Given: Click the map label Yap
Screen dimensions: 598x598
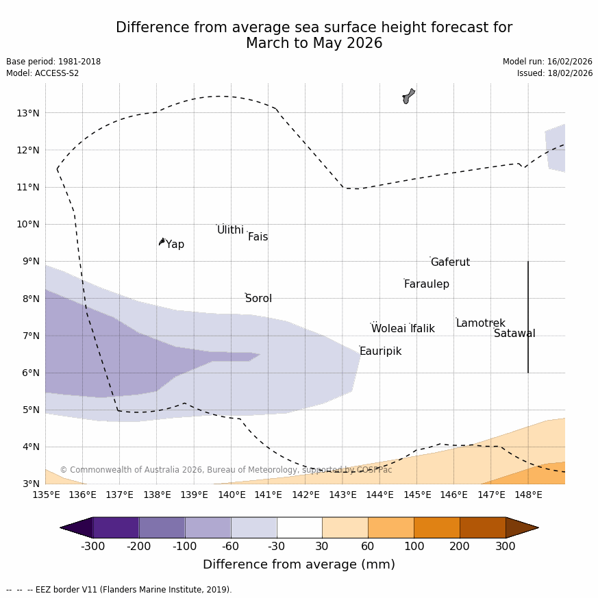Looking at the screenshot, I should tap(175, 245).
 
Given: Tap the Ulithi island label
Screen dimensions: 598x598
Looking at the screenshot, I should tap(230, 230).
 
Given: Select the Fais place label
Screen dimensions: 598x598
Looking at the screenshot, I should tap(258, 237).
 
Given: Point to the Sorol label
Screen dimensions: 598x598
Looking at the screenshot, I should tap(258, 299).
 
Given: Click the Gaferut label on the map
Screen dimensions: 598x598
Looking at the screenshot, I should tap(450, 262).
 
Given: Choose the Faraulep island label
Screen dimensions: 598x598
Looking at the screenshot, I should tap(426, 284).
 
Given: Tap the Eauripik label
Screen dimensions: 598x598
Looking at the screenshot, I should tap(380, 351).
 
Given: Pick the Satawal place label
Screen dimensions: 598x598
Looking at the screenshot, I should tap(514, 334).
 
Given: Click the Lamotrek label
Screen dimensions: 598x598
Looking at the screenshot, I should tap(480, 323).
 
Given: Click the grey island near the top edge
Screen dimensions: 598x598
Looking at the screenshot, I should tap(408, 96).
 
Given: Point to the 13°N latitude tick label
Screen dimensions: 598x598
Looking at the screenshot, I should tap(27, 113).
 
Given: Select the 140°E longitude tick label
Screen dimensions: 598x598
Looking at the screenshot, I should tap(232, 495).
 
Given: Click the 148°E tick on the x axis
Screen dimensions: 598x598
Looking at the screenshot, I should tap(528, 495).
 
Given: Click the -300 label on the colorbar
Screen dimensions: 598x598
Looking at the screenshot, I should tap(92, 547).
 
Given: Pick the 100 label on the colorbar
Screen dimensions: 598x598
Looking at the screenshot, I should tap(414, 547).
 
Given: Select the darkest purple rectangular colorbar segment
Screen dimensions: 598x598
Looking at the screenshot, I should tap(116, 527).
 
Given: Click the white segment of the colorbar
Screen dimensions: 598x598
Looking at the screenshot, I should tap(299, 527).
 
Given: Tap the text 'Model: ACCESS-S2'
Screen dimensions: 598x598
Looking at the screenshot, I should tap(42, 73).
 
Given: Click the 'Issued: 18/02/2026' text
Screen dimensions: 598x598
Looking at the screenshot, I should tap(555, 73).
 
